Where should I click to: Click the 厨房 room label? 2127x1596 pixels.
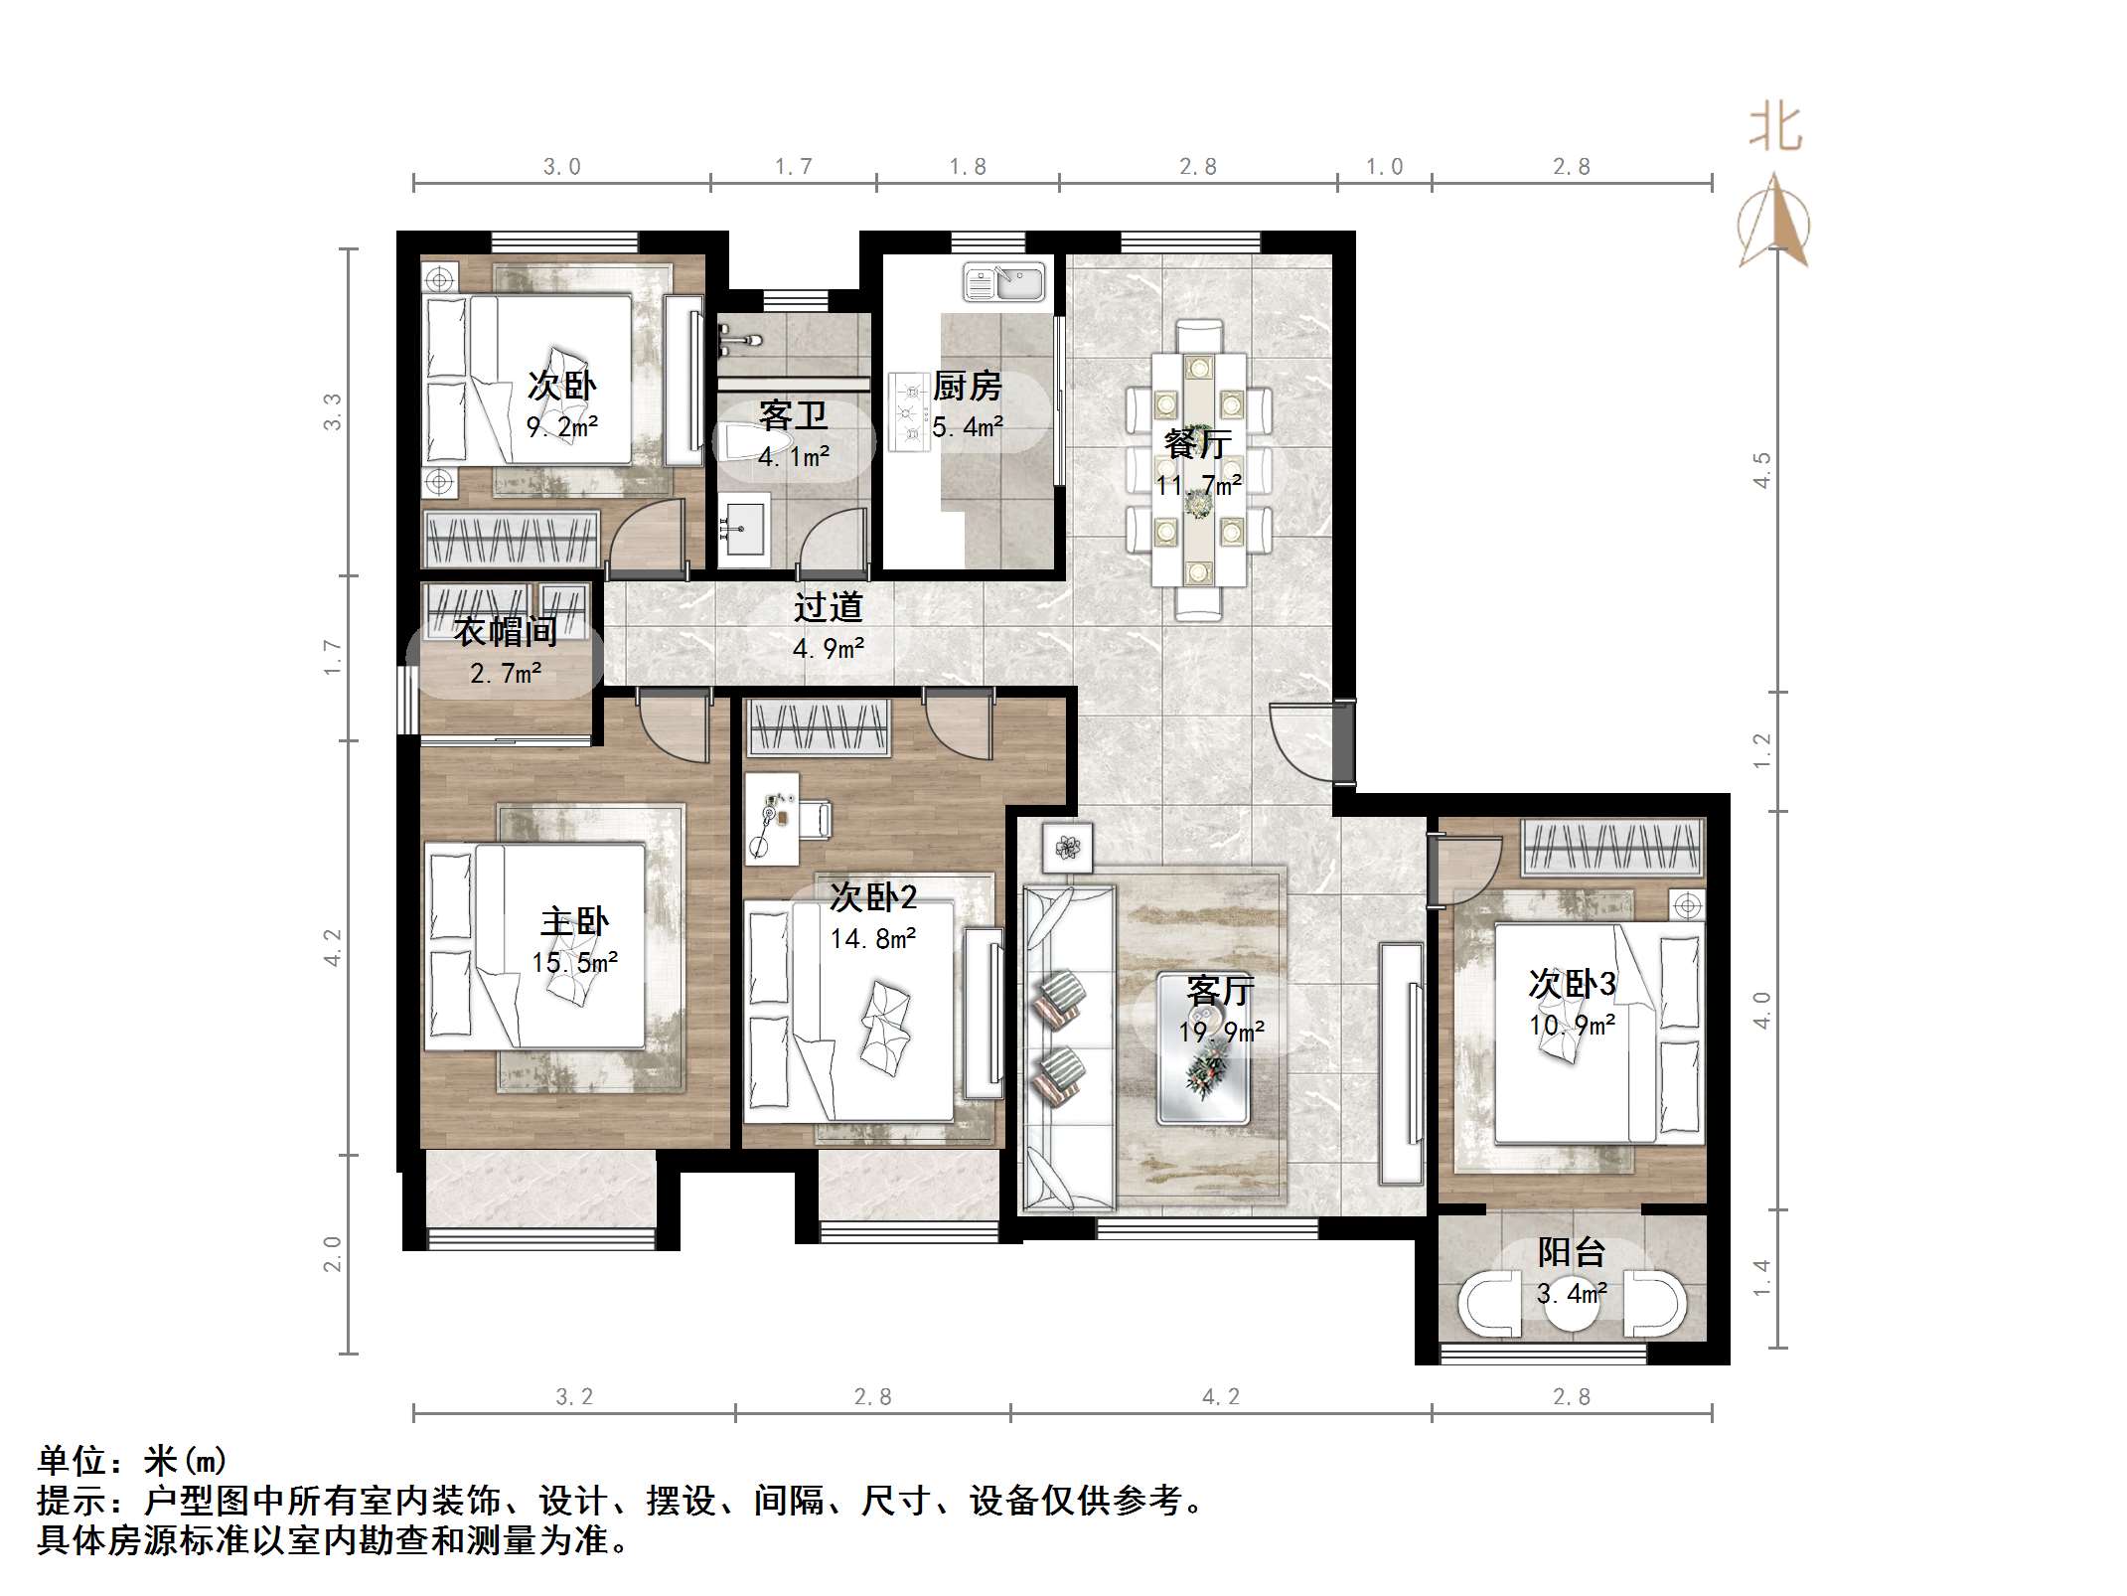coord(967,386)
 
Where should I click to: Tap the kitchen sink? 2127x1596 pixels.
coord(1003,282)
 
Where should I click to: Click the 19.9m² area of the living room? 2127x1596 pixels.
coord(1221,1032)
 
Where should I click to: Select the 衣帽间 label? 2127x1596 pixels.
coord(505,631)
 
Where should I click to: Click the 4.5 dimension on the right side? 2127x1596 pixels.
coord(1761,470)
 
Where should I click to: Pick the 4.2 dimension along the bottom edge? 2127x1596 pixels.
coord(1221,1397)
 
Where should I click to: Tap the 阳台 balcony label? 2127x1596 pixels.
coord(1572,1252)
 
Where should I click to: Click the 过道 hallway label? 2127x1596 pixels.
coord(828,607)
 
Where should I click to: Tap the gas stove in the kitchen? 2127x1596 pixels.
coord(908,410)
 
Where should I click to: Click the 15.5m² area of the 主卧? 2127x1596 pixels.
coord(574,962)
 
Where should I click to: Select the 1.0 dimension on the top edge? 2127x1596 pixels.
coord(1384,167)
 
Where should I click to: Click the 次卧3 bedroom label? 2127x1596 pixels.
coord(1572,984)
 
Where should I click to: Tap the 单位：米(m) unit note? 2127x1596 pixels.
coord(132,1461)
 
